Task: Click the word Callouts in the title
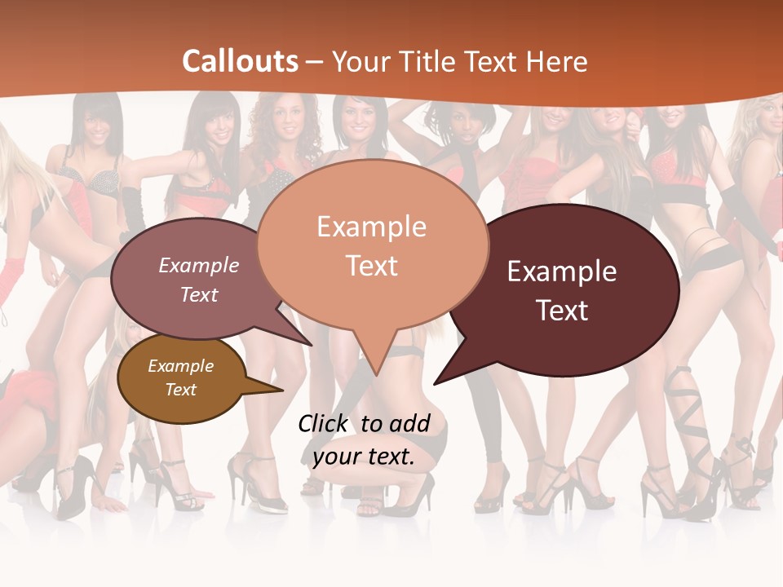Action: point(240,61)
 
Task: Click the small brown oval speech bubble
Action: point(181,378)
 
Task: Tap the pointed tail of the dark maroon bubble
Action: point(445,375)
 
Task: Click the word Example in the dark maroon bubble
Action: point(562,271)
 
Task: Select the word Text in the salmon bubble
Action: point(372,266)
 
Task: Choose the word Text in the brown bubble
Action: point(181,390)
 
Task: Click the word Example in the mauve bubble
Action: point(199,265)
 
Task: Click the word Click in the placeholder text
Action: point(323,423)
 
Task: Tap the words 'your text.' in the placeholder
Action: point(364,457)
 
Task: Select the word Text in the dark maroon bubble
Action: point(563,311)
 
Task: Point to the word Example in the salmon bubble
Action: point(372,226)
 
